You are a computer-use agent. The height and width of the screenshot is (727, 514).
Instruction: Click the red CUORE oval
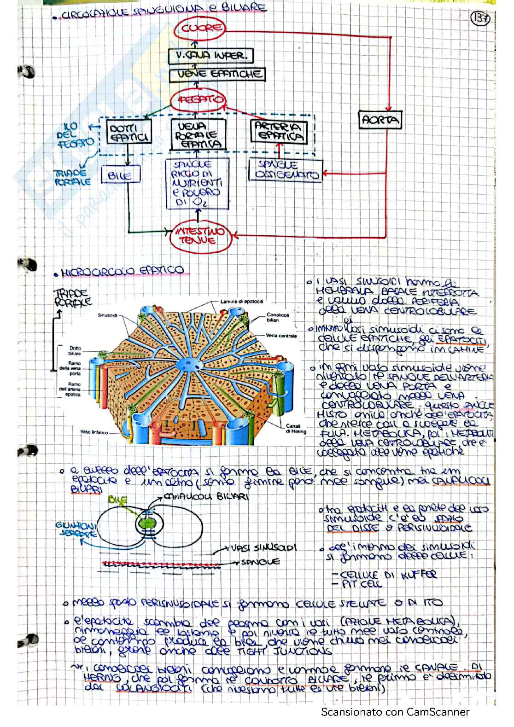tap(200, 28)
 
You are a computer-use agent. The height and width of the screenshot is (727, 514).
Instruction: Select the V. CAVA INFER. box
tap(210, 56)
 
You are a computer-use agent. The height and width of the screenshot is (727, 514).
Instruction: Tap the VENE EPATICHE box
tap(217, 74)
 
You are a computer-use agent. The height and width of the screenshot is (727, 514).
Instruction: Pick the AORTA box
tap(380, 120)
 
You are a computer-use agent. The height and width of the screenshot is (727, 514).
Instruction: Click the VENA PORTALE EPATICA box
tap(198, 134)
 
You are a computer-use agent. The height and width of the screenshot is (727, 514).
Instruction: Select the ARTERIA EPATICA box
tap(279, 131)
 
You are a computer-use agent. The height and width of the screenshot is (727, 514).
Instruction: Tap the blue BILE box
tap(120, 175)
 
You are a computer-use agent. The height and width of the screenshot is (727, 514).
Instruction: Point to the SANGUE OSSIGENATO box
tap(286, 170)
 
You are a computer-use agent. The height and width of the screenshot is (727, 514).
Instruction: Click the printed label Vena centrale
tap(281, 336)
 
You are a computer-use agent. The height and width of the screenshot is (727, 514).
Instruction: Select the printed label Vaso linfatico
tap(94, 432)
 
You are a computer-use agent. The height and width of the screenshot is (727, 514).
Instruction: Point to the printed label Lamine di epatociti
tap(242, 302)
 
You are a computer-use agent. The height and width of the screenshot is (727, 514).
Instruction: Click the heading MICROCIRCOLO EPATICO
tap(123, 271)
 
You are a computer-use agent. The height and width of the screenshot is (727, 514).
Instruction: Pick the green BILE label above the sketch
tap(118, 499)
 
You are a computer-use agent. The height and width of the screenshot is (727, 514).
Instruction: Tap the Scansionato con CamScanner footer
tap(395, 712)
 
